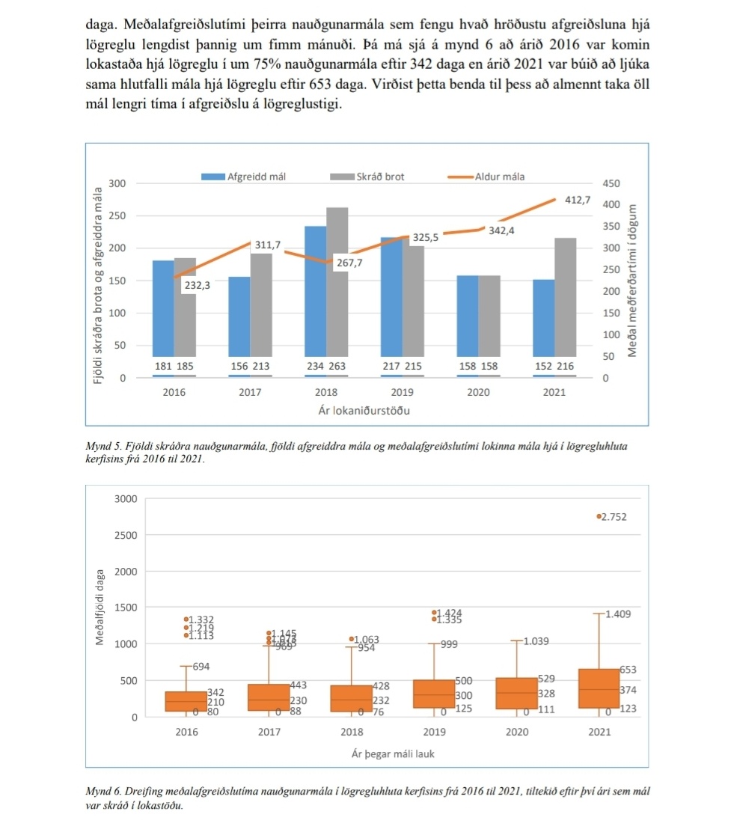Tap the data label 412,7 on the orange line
(577, 201)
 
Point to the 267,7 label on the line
(349, 263)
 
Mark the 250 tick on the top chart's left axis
(118, 215)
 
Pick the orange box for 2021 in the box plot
(599, 688)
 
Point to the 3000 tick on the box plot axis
(125, 499)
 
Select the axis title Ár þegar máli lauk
(393, 753)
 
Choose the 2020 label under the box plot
(516, 732)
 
